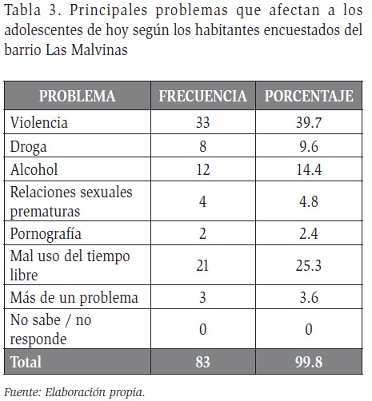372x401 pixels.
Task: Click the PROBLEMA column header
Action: click(78, 96)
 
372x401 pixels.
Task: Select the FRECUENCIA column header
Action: click(203, 96)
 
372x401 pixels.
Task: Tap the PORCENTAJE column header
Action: click(309, 96)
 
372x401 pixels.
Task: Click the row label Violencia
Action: click(39, 122)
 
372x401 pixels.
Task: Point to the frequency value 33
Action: click(203, 123)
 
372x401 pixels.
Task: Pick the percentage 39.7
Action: click(309, 123)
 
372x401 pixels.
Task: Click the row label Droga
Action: click(28, 147)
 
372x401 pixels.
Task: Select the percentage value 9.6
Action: click(309, 146)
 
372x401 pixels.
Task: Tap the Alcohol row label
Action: click(34, 169)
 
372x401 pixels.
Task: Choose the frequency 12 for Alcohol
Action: click(203, 169)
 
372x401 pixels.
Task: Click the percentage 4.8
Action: click(309, 201)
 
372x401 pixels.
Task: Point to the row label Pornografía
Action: click(46, 234)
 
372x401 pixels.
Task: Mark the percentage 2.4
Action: click(309, 233)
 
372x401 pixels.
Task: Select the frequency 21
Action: click(202, 265)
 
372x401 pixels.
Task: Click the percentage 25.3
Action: click(309, 265)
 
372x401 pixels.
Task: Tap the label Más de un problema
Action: click(74, 297)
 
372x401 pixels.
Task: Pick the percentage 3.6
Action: click(309, 297)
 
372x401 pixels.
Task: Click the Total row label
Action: click(26, 362)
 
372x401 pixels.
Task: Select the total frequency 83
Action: click(203, 362)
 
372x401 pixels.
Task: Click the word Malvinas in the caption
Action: click(99, 50)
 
